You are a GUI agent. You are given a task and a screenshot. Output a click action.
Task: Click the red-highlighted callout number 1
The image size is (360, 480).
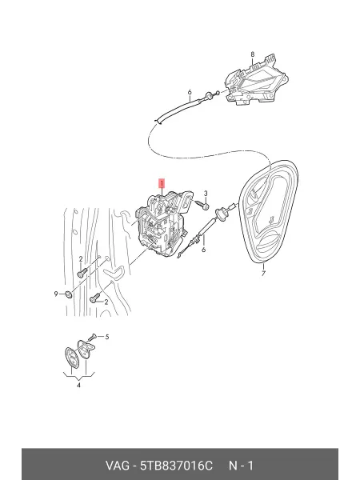162,184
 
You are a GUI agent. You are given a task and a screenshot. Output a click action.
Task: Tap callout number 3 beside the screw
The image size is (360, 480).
206,194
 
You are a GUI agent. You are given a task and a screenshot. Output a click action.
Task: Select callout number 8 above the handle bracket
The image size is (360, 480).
253,54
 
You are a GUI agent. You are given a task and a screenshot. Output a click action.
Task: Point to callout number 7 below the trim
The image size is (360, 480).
263,273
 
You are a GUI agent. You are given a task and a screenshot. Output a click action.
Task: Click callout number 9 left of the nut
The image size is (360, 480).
56,294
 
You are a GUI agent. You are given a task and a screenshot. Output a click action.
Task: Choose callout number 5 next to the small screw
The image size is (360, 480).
107,337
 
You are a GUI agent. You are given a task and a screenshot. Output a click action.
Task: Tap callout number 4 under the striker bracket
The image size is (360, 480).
78,385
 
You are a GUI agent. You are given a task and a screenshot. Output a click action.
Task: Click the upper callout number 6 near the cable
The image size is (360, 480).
190,92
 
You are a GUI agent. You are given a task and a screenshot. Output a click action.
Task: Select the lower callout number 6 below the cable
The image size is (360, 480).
203,250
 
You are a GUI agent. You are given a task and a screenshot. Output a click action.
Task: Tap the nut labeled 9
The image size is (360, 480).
69,294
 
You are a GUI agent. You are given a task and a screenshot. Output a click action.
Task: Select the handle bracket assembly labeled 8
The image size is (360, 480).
256,82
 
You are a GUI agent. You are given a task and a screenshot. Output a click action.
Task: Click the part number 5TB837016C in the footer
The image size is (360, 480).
176,466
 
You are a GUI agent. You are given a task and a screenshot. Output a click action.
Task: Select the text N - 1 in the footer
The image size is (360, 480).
242,466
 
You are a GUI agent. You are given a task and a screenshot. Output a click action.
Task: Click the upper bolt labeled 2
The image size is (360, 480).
82,272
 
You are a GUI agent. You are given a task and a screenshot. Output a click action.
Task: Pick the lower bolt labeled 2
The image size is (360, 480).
95,298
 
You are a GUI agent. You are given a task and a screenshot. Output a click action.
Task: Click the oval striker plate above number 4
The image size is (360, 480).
72,358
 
